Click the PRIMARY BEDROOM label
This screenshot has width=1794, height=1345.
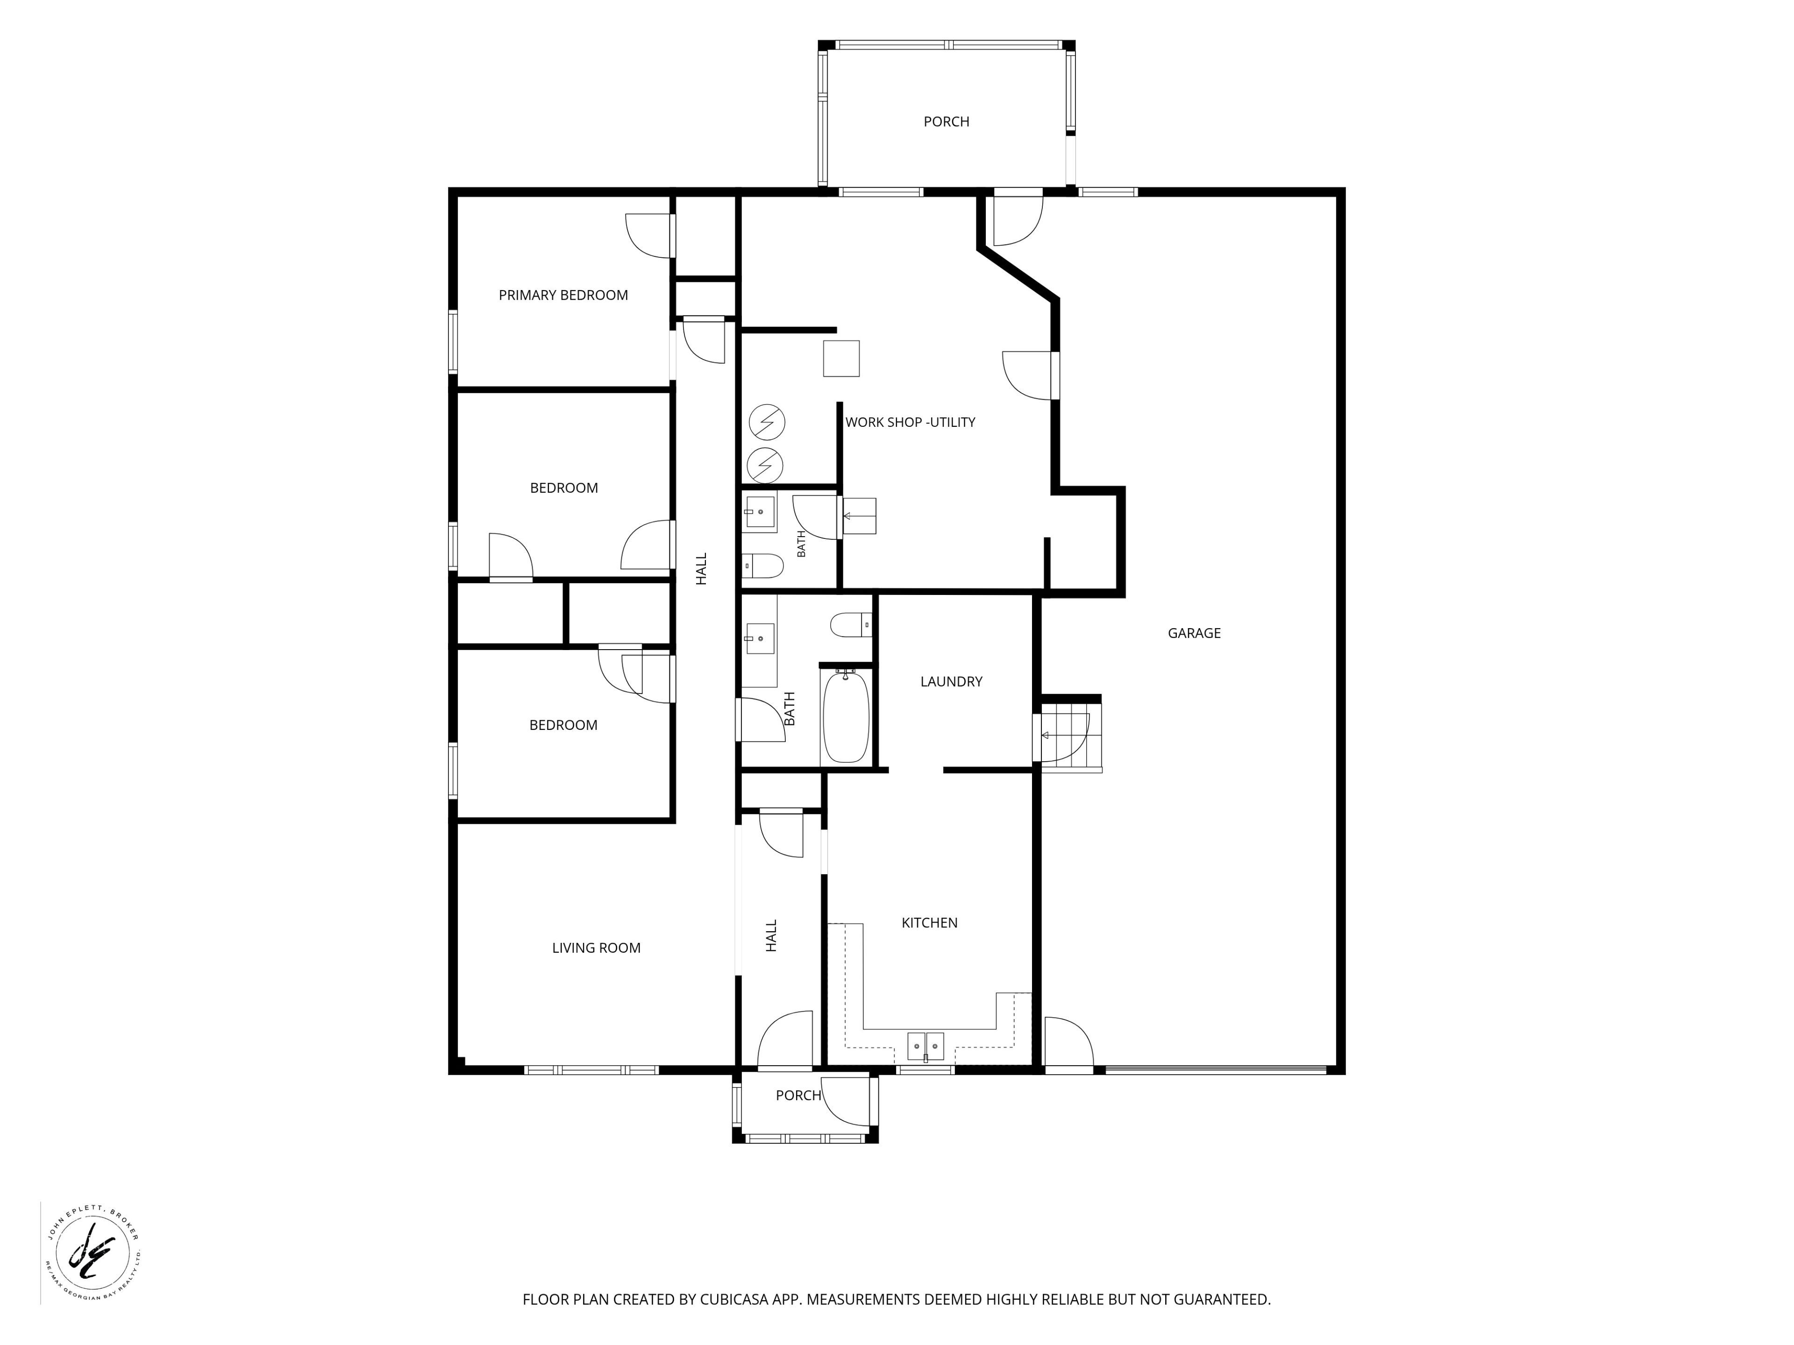point(563,295)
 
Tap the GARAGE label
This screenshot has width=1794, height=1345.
point(1194,633)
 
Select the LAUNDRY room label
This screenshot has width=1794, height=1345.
point(951,682)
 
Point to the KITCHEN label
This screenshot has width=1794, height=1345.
point(929,923)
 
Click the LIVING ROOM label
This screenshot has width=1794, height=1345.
point(596,948)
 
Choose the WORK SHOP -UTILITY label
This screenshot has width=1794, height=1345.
point(910,422)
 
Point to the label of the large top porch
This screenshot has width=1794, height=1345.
point(947,121)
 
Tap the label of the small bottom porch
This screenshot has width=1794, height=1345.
point(798,1095)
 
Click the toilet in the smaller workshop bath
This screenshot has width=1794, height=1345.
point(762,565)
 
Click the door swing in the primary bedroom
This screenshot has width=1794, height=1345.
point(650,236)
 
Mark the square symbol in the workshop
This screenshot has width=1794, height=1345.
point(841,358)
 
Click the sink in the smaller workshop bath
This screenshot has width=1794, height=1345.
point(760,512)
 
